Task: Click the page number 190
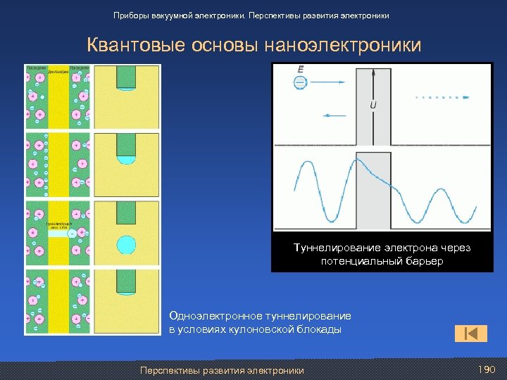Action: point(487,370)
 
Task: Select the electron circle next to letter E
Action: point(301,82)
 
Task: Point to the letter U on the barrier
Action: point(373,106)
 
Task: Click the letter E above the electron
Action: point(300,69)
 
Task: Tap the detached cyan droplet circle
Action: point(126,245)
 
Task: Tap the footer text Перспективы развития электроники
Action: point(222,370)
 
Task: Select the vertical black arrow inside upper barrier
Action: point(373,84)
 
